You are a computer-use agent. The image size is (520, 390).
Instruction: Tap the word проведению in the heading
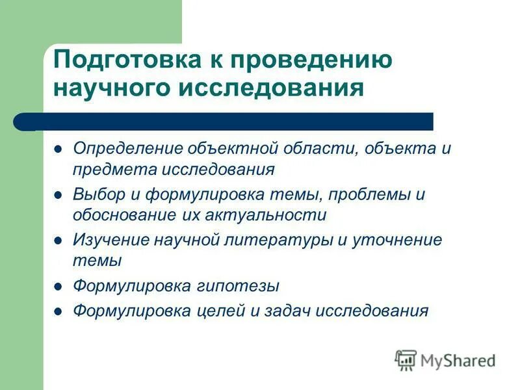317,60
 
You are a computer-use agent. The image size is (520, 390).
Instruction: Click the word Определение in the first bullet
129,148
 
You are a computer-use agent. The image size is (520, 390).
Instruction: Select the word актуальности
265,214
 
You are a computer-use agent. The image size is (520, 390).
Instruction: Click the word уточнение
396,240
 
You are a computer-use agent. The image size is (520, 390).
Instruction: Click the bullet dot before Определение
58,148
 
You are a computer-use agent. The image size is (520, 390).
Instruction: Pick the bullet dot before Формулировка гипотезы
58,286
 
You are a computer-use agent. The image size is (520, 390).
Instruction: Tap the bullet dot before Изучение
58,240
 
